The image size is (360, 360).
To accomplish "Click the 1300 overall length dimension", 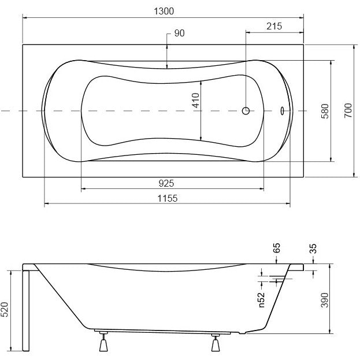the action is tap(164, 11).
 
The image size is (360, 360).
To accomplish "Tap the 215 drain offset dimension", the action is tap(274, 26).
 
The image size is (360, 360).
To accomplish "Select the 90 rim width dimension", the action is tap(179, 33).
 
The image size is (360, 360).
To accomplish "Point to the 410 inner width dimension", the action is tap(196, 100).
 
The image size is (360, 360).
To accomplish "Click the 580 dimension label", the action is tap(325, 111).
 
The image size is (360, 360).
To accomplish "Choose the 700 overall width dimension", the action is tap(348, 111).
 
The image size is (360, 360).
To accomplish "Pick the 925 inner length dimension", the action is tap(166, 183).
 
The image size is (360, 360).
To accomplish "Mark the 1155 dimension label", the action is tap(168, 198).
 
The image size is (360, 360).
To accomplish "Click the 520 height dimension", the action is tap(5, 309).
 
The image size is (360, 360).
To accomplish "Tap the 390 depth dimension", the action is tap(325, 300).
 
